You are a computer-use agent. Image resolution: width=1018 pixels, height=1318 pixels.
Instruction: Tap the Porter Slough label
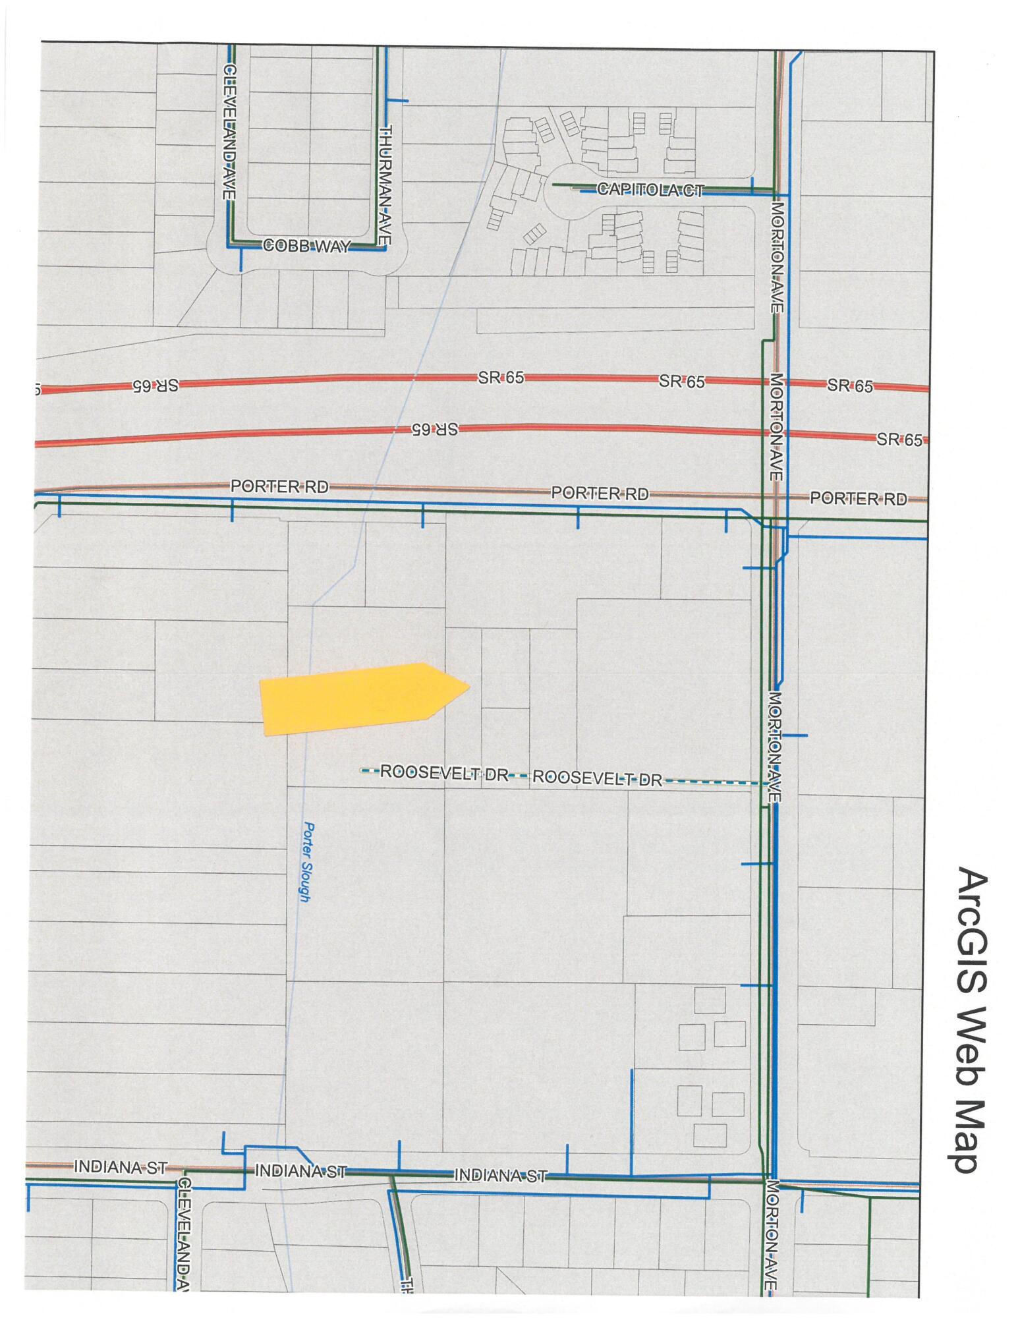point(306,861)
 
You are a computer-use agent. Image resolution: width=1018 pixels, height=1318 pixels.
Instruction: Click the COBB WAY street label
point(305,246)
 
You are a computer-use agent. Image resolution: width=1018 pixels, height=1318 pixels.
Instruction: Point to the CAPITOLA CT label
point(650,190)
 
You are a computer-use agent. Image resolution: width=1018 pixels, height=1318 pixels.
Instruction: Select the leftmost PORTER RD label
point(279,487)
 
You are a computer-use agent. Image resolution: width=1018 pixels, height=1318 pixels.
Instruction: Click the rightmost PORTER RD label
point(858,498)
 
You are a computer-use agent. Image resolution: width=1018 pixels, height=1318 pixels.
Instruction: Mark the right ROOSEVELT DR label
point(596,779)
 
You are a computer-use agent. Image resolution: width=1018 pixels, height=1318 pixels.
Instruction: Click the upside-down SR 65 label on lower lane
point(434,429)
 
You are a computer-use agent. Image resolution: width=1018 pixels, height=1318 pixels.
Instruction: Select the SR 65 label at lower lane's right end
point(899,440)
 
